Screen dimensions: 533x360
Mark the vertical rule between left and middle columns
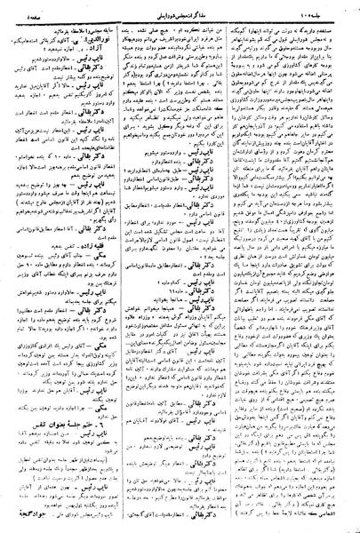pyautogui.click(x=119, y=266)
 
